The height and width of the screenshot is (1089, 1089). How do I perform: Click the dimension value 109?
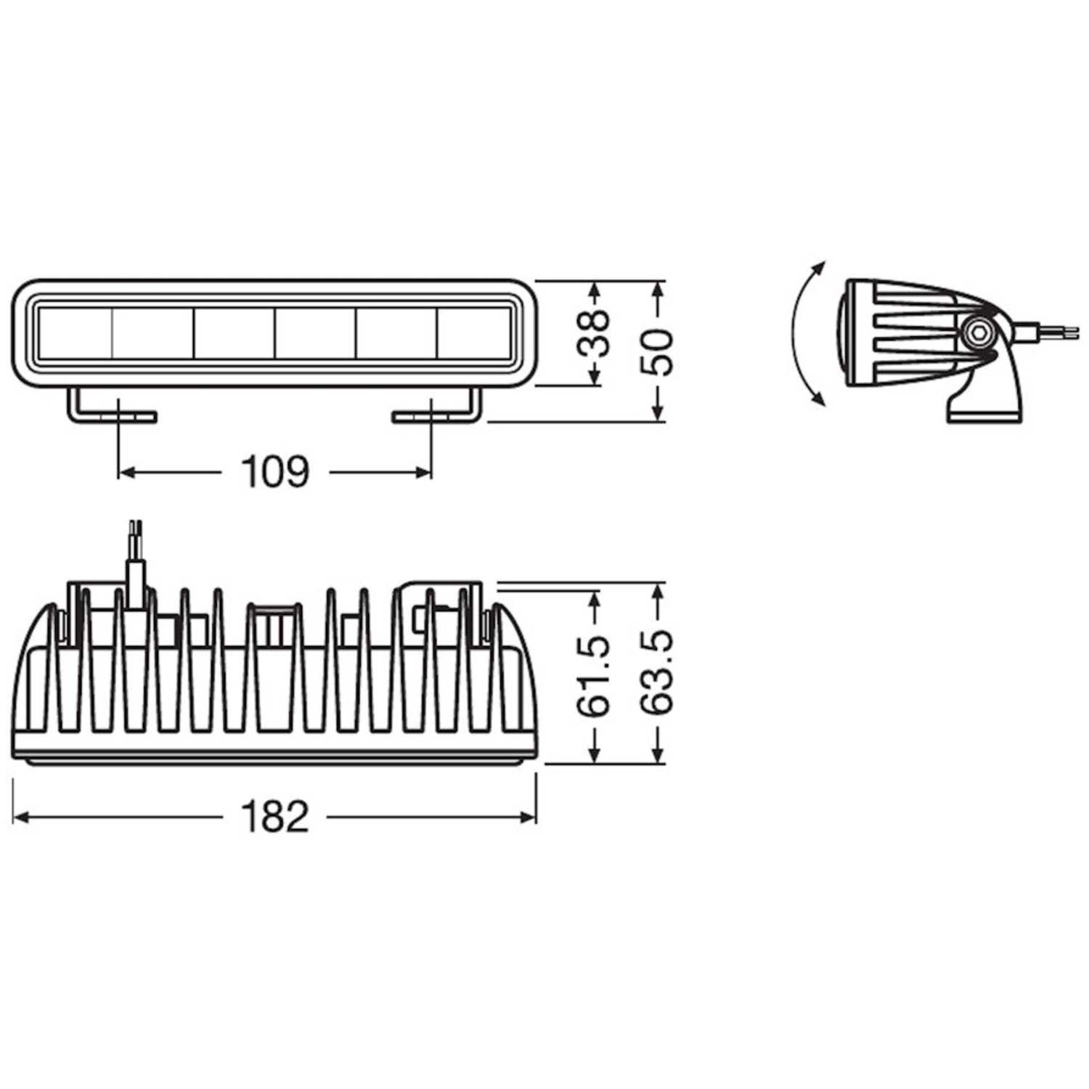coord(275,473)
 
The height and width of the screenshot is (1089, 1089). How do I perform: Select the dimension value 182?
coord(275,817)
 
